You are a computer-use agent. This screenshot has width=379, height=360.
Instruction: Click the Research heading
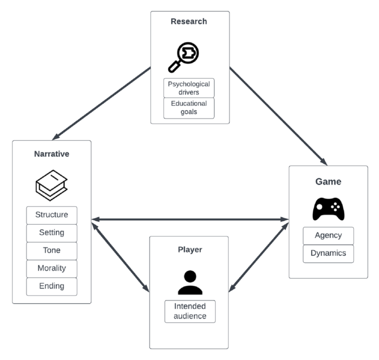tap(189, 21)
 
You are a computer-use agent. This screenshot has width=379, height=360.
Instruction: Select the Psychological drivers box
tap(189, 88)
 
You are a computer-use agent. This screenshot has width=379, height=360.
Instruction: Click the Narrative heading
tap(51, 154)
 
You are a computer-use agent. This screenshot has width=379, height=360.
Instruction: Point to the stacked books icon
tap(51, 182)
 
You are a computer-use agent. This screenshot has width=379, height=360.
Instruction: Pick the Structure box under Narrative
tap(51, 215)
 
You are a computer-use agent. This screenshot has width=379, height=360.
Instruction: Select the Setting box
tap(51, 233)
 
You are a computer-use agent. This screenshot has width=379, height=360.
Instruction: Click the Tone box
tap(51, 250)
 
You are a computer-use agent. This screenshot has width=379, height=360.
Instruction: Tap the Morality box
tap(51, 268)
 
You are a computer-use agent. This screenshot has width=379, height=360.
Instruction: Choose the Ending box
tap(51, 286)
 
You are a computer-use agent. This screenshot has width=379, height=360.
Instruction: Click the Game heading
tap(328, 181)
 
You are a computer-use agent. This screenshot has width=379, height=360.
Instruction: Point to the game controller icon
tap(328, 208)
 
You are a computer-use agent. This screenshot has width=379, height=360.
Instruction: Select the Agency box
tap(328, 236)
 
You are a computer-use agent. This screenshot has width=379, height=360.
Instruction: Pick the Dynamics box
tap(328, 253)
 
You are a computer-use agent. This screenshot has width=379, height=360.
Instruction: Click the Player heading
tap(189, 249)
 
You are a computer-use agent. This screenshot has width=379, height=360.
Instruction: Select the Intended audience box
tap(189, 311)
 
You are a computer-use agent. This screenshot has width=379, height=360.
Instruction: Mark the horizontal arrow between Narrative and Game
tap(189, 219)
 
